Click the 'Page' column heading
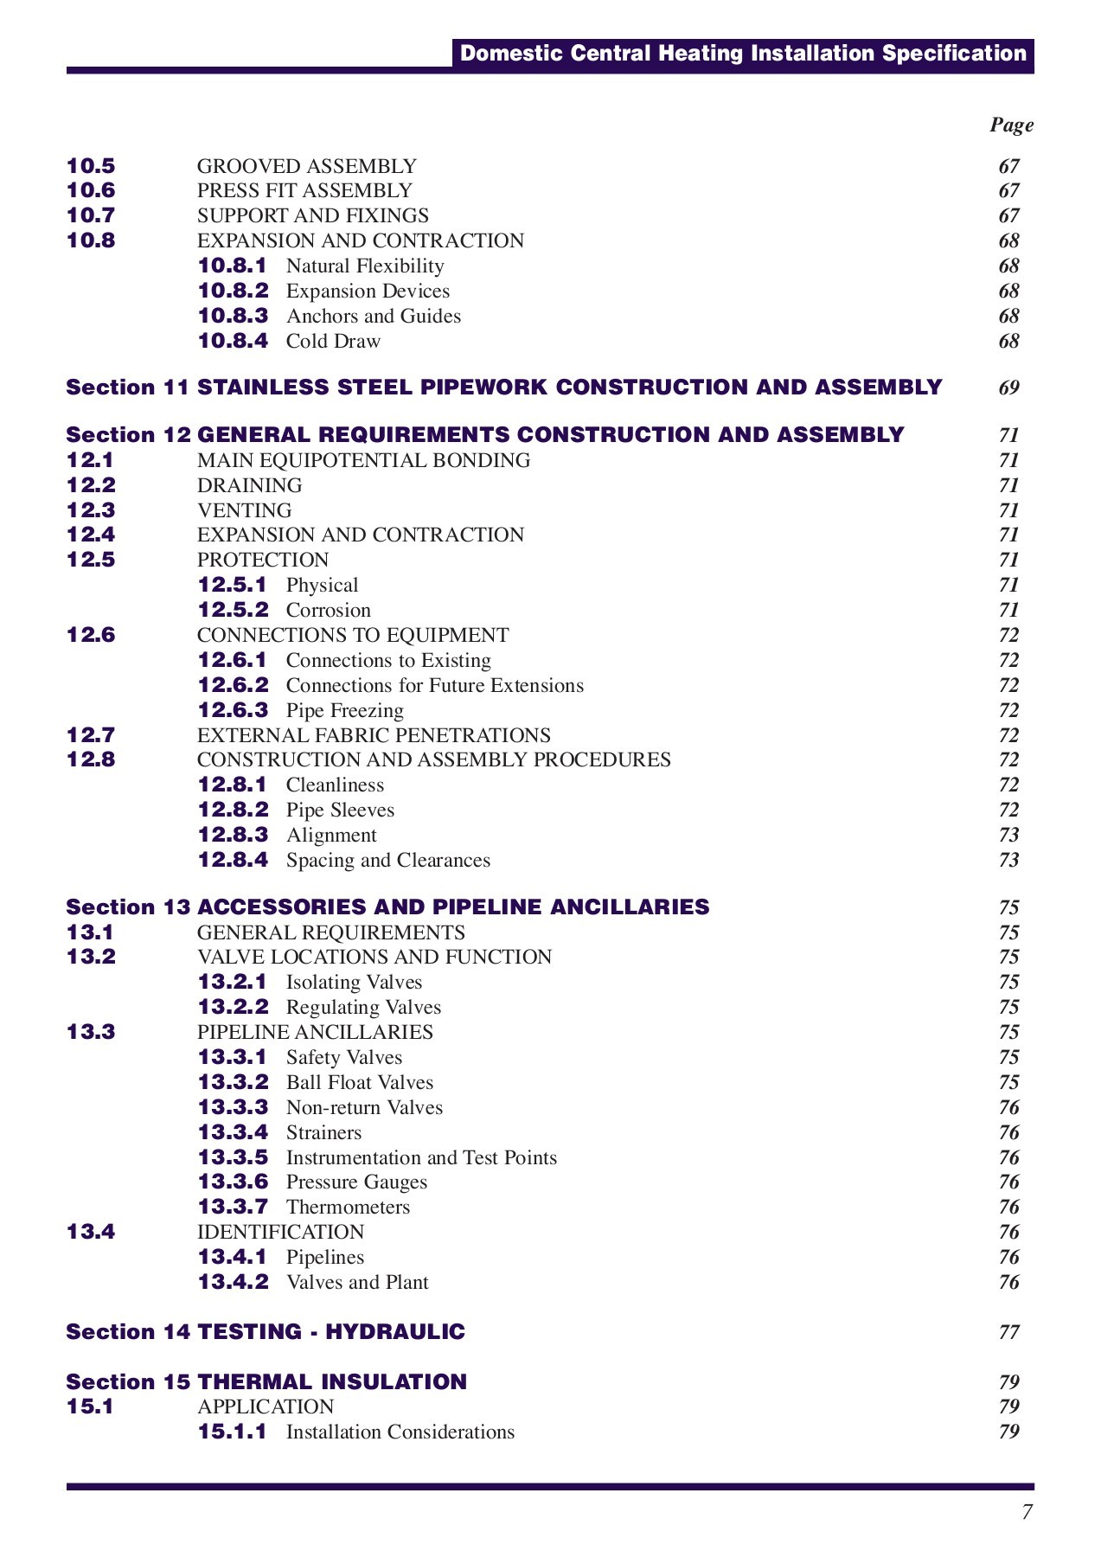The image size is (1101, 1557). (x=1011, y=125)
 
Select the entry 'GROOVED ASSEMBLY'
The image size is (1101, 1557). (x=306, y=166)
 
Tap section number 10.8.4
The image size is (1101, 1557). (x=233, y=341)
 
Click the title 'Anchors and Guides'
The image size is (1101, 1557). (x=373, y=317)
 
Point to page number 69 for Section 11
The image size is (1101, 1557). (x=1008, y=388)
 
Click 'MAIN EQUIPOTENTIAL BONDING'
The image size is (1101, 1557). (x=363, y=461)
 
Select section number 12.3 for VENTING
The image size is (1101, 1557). (x=91, y=510)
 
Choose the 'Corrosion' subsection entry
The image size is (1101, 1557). (x=328, y=611)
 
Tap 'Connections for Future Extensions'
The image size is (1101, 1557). (x=434, y=686)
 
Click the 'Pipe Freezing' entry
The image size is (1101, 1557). (x=344, y=711)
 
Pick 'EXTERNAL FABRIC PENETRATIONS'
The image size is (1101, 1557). (x=374, y=736)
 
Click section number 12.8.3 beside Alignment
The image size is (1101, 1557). (x=233, y=836)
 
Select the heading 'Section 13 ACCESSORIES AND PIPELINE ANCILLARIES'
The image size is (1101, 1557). (x=387, y=907)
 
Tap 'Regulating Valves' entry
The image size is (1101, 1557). (x=363, y=1008)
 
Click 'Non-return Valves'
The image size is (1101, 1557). (x=364, y=1108)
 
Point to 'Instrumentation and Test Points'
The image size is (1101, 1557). (x=421, y=1158)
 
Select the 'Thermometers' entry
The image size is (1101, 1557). (x=348, y=1208)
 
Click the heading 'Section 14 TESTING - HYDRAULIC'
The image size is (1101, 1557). (x=266, y=1332)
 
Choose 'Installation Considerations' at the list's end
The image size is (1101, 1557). (x=400, y=1432)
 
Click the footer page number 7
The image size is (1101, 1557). (x=1027, y=1513)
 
